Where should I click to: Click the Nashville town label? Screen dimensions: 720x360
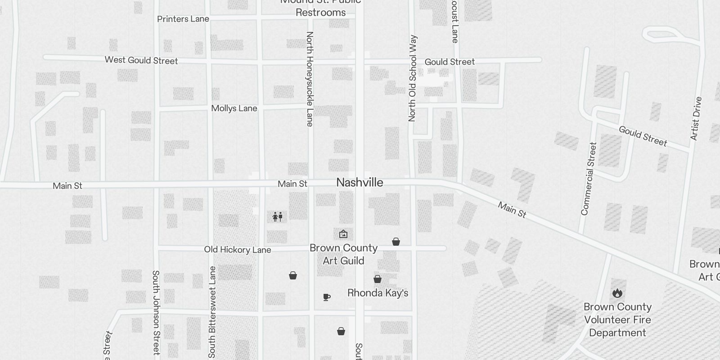point(360,182)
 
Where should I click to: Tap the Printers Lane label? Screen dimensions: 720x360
point(183,19)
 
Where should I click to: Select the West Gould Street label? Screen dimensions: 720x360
point(141,60)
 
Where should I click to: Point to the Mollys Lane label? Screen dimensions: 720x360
point(234,108)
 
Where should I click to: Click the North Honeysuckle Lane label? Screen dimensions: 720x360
point(310,79)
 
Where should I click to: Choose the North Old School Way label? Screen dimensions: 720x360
point(412,78)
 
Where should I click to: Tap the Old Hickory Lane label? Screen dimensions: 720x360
point(237,250)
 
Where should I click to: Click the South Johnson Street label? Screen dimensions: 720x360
point(156,312)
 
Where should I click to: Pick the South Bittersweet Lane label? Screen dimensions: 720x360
point(212,312)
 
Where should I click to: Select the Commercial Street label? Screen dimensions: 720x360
point(588,179)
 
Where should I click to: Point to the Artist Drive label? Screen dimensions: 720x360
point(696,118)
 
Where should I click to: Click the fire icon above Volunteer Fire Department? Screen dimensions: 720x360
point(617,293)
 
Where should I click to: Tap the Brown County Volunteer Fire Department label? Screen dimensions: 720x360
point(617,320)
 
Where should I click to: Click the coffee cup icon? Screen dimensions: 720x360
point(327,297)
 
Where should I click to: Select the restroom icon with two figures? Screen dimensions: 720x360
point(277,217)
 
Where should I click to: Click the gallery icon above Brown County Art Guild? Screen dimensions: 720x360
point(343,234)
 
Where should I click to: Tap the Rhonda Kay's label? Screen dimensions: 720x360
point(378,293)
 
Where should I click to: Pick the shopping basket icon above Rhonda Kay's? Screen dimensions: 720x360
point(378,279)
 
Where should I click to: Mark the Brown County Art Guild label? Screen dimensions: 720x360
point(343,254)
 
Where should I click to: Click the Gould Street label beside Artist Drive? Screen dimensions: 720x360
point(643,136)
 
